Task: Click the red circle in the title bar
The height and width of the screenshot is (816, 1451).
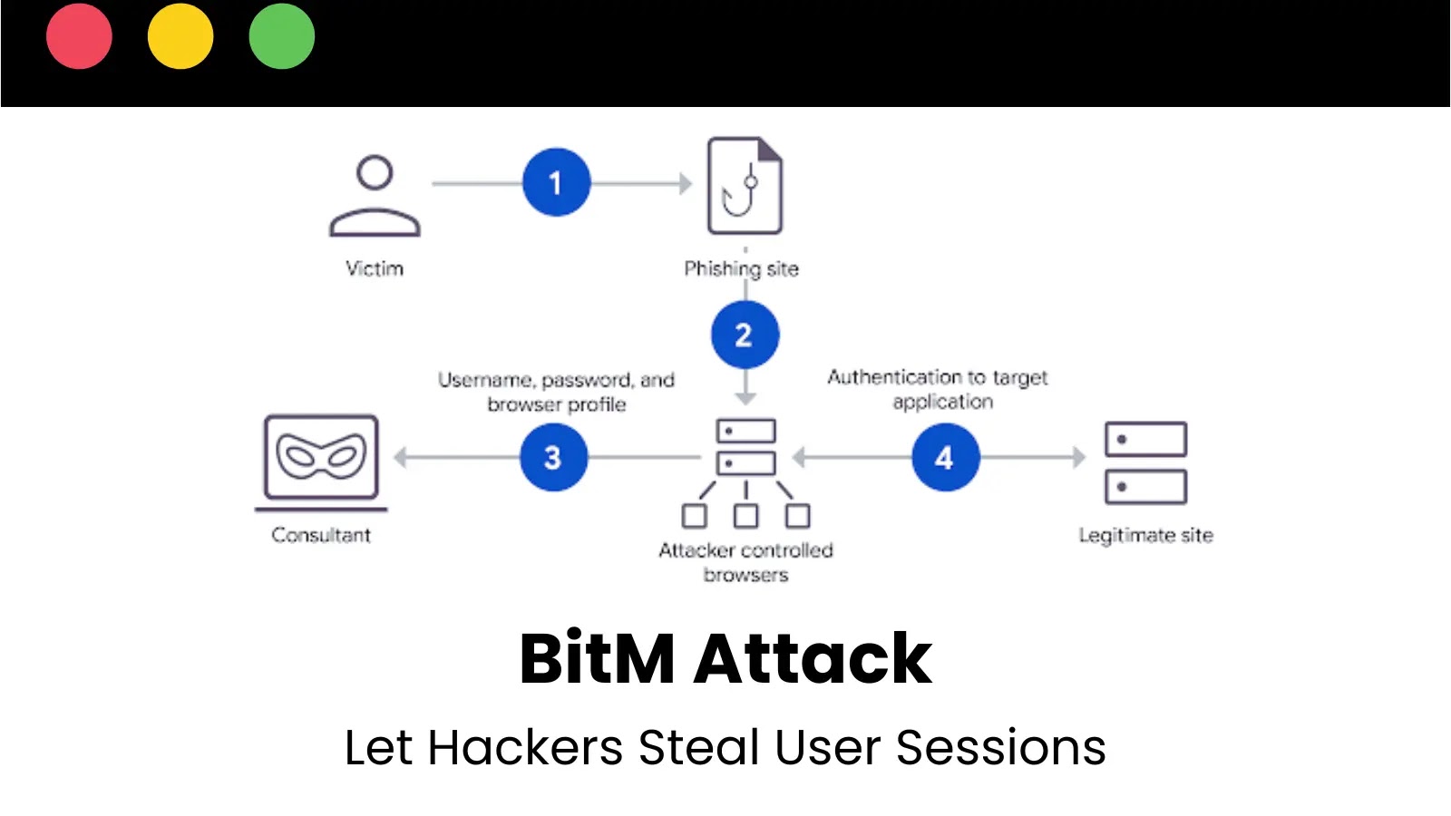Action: pos(79,36)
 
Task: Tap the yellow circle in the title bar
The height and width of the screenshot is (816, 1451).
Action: pos(180,36)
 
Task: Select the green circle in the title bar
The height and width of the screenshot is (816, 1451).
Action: pos(282,36)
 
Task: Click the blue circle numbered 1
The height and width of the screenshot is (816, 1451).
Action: pos(556,182)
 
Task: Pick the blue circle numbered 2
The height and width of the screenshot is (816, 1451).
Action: pos(745,335)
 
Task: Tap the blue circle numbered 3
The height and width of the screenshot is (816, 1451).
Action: pos(553,457)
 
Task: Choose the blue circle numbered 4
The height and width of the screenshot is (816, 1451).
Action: pos(945,457)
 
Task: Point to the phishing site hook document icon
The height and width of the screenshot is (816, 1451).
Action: pos(745,186)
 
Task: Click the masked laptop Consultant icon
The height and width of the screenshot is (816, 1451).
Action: pos(321,461)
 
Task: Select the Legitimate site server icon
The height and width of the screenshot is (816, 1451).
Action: pos(1145,462)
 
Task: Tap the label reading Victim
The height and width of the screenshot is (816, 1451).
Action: pos(375,268)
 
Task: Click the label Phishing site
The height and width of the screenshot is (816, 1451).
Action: pos(741,268)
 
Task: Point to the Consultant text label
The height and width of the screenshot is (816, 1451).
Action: pos(321,535)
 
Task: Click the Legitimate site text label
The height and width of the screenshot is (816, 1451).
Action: pos(1145,535)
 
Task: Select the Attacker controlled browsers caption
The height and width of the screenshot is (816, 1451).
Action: pos(745,562)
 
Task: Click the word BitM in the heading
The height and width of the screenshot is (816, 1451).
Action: pos(597,659)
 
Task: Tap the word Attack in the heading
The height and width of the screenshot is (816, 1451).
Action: pos(813,659)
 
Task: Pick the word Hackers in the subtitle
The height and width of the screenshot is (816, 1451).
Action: pos(525,748)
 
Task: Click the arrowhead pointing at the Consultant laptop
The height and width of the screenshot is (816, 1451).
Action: pos(400,457)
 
